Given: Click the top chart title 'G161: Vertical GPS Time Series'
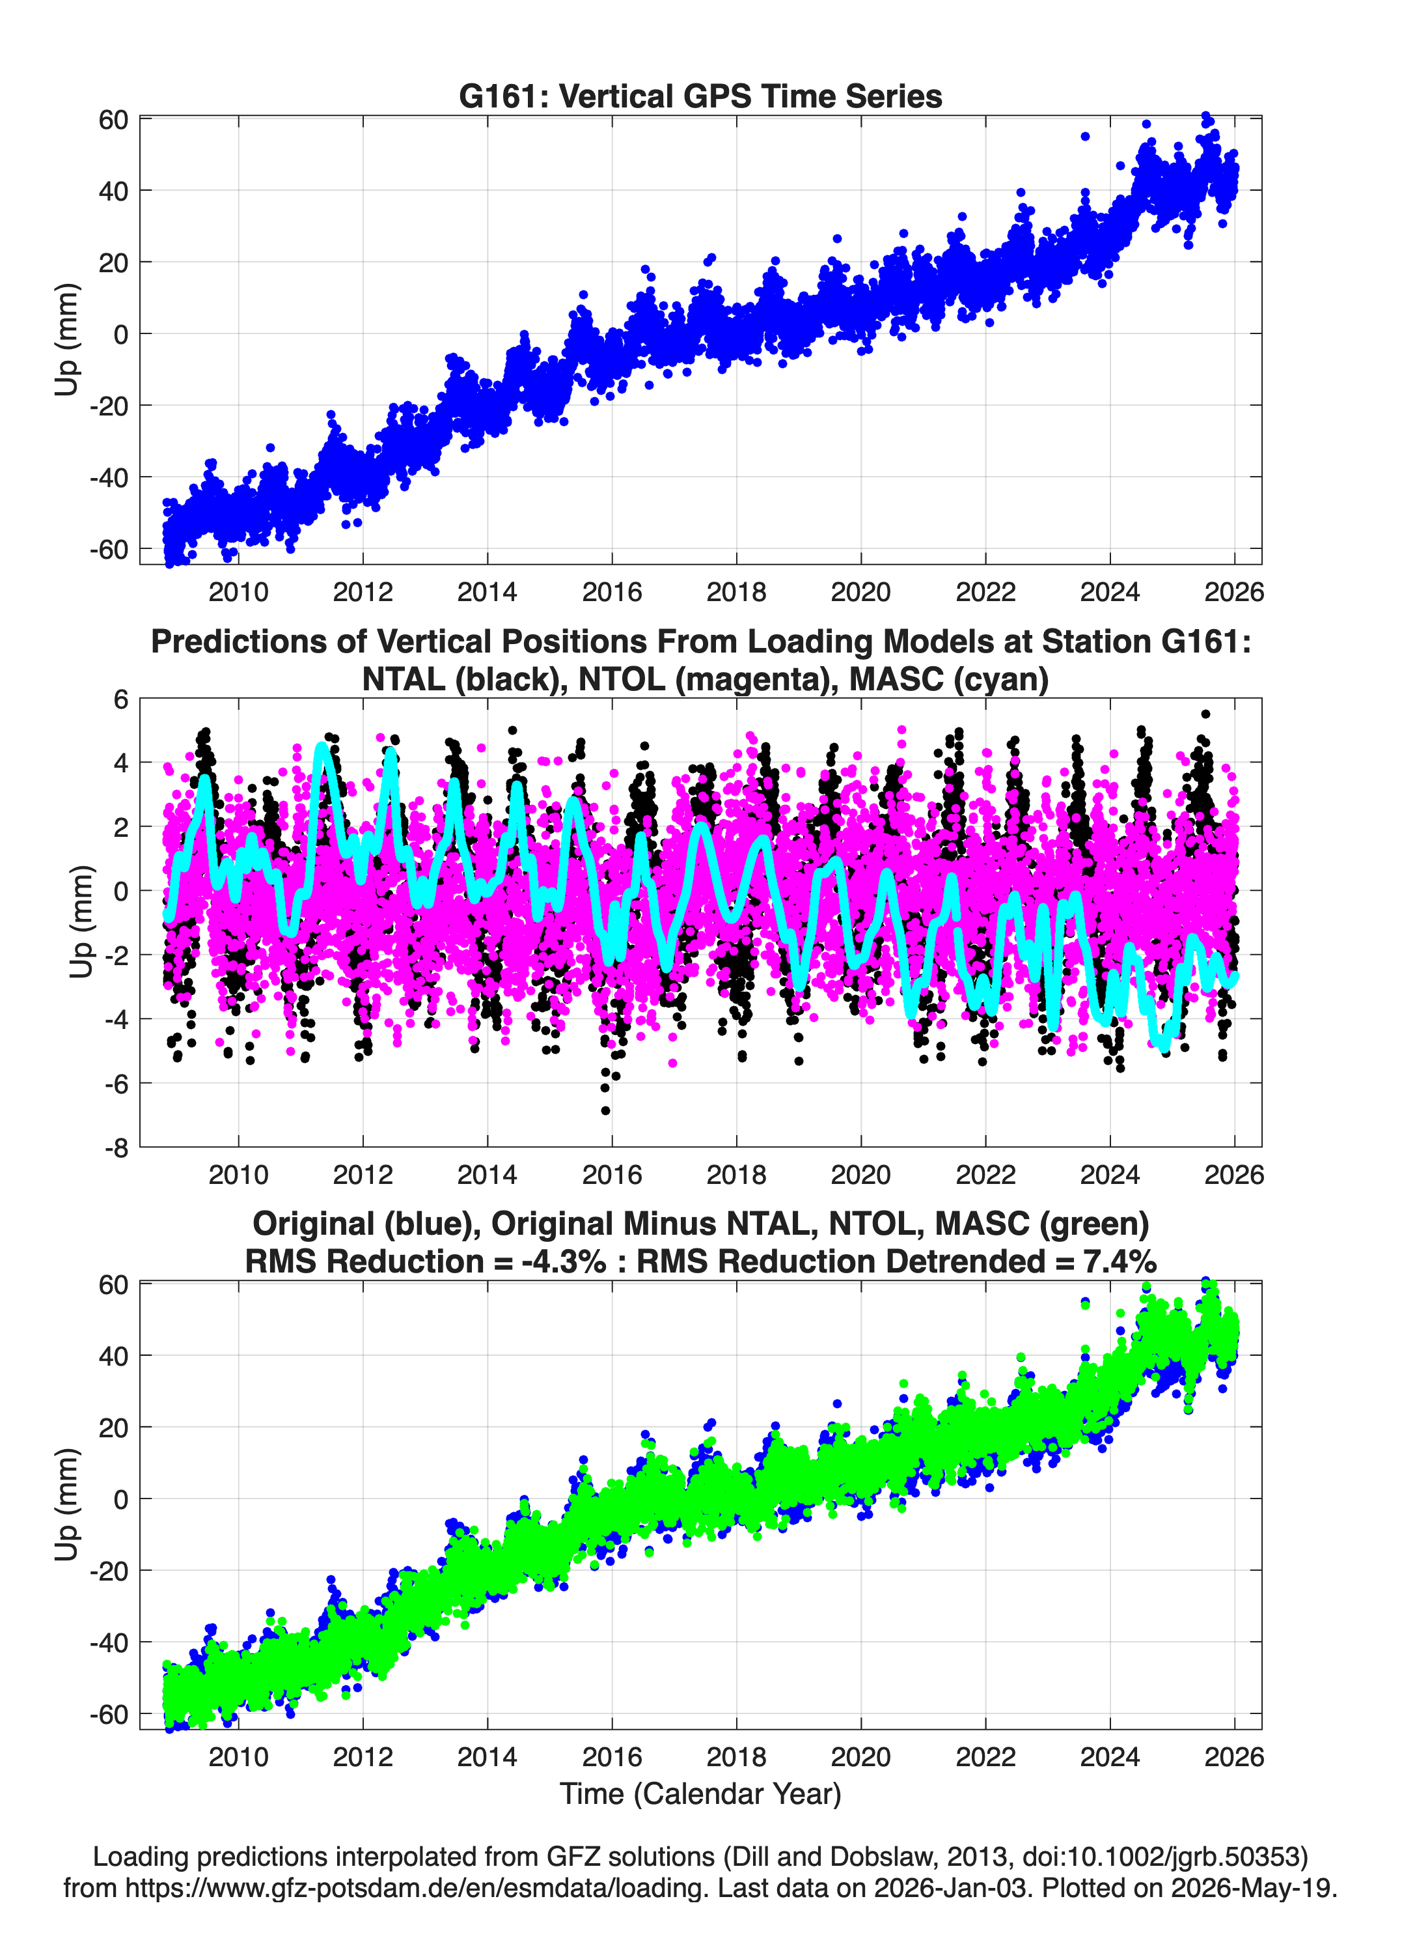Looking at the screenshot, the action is (700, 96).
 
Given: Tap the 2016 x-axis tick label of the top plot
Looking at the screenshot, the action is (611, 592).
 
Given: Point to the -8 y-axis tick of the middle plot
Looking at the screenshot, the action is (117, 1148).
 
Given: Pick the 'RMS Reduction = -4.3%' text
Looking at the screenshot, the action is (426, 1261).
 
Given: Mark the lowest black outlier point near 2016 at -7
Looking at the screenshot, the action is (605, 1110).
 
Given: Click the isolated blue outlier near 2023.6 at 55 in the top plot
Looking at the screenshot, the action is (1084, 136).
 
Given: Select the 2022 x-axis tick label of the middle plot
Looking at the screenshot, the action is (985, 1174).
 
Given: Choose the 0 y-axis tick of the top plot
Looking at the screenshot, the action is (120, 334).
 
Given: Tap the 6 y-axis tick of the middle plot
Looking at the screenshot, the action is (120, 699).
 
